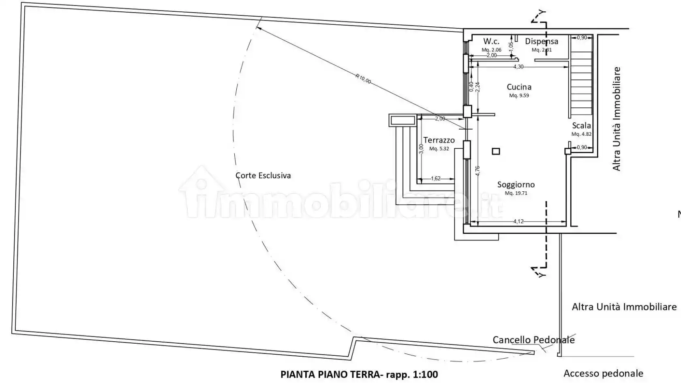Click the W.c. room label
[x=491, y=41]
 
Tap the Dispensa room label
[x=542, y=41]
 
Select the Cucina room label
[x=519, y=87]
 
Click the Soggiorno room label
[x=516, y=184]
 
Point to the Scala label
[x=581, y=126]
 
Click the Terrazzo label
[x=439, y=140]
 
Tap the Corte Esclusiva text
[x=263, y=175]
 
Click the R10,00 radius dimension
[x=363, y=79]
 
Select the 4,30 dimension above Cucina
[x=518, y=66]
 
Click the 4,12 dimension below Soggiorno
[x=518, y=221]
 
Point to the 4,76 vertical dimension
[x=478, y=171]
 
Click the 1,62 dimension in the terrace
[x=436, y=178]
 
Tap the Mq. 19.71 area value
[x=516, y=193]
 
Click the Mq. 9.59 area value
[x=519, y=96]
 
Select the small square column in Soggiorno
[x=496, y=151]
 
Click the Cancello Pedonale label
[x=533, y=340]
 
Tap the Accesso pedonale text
[x=603, y=373]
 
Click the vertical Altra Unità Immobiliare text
[x=617, y=119]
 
